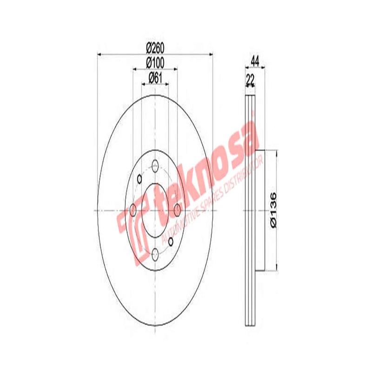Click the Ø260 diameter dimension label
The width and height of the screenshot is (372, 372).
pyautogui.click(x=156, y=48)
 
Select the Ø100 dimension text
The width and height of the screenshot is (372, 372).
pyautogui.click(x=156, y=62)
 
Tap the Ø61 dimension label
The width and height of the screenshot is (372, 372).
pyautogui.click(x=155, y=78)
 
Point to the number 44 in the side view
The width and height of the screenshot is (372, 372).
pyautogui.click(x=254, y=60)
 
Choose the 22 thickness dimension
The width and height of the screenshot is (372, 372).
pyautogui.click(x=250, y=80)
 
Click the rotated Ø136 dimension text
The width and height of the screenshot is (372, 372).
pyautogui.click(x=274, y=210)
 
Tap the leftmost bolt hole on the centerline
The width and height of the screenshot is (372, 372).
pyautogui.click(x=133, y=210)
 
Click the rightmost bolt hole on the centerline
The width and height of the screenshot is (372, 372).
pyautogui.click(x=177, y=210)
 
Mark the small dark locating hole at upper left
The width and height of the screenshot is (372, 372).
pyautogui.click(x=139, y=179)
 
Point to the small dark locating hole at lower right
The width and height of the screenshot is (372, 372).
pyautogui.click(x=170, y=241)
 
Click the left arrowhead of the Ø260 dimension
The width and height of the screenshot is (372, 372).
pyautogui.click(x=99, y=55)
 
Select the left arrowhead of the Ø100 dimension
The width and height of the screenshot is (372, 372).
pyautogui.click(x=135, y=69)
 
